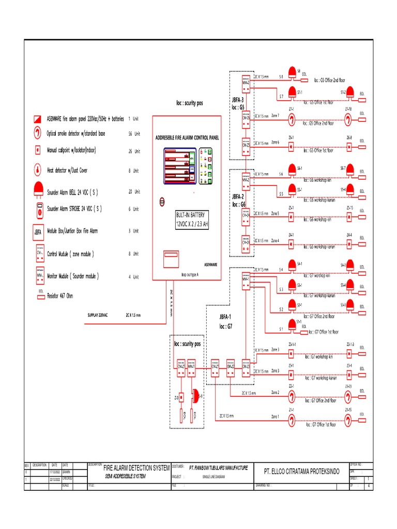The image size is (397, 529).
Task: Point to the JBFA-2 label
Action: point(238,197)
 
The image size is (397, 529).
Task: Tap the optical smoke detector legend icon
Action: point(38,133)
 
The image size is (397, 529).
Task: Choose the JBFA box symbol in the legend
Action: point(38,231)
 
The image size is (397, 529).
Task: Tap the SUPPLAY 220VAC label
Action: point(98,315)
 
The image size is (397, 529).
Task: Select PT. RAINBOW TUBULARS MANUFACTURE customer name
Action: point(219,468)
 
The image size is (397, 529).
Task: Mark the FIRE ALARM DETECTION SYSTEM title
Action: point(136,468)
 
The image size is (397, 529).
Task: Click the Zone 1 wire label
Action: point(275,416)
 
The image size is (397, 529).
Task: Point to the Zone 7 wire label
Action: point(275,116)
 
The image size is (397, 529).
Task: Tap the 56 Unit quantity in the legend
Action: point(134,133)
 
